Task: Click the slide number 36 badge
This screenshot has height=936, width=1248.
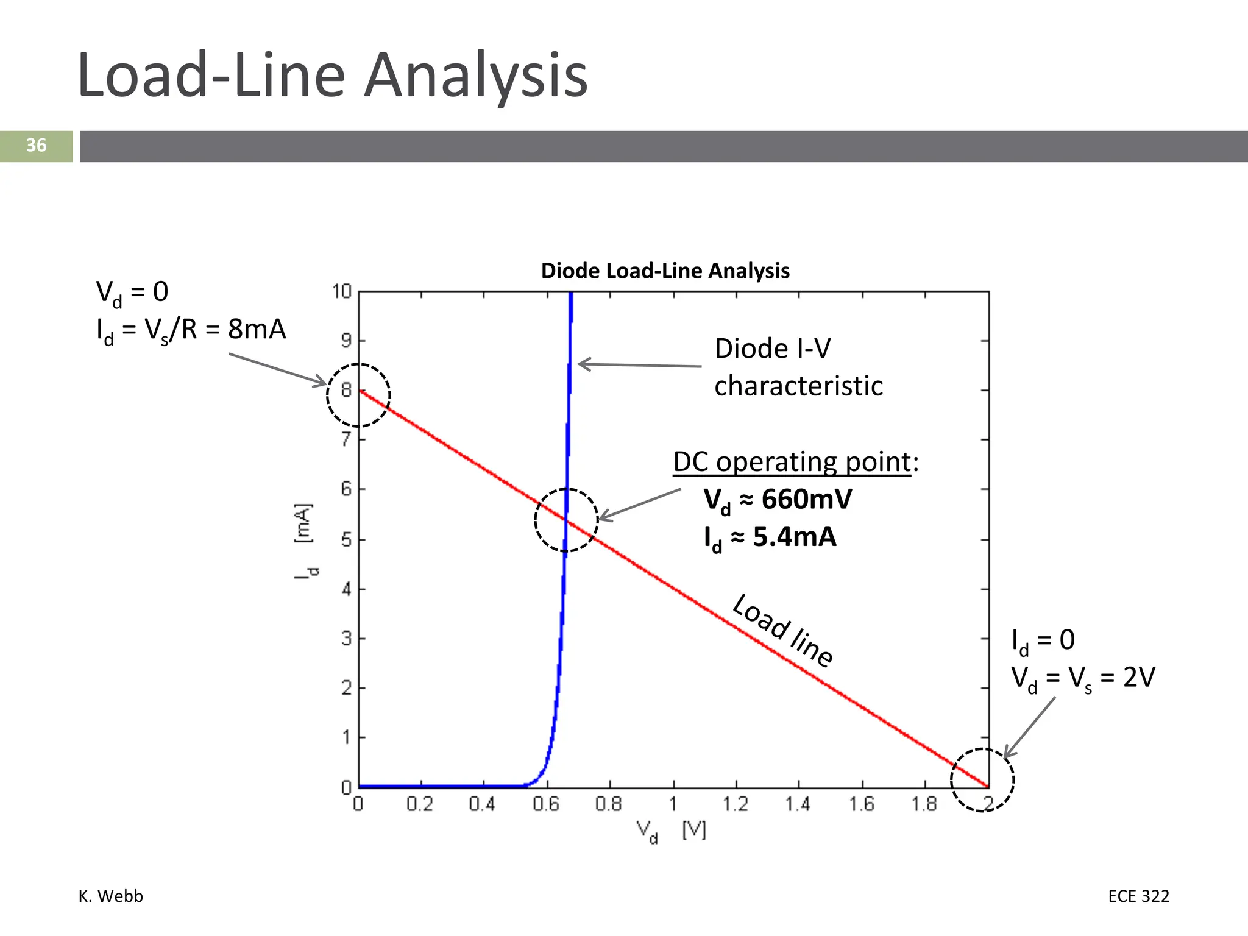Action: (36, 146)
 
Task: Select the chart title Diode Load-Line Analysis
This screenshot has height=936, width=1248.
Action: (665, 271)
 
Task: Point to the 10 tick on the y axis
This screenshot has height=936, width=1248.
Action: (342, 292)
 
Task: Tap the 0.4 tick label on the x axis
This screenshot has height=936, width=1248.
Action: (482, 804)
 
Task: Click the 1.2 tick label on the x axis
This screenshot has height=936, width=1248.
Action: (736, 804)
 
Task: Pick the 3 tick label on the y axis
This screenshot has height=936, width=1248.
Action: (346, 639)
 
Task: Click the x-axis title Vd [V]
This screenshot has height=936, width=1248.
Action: (670, 831)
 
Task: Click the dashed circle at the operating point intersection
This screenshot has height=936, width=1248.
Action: (566, 520)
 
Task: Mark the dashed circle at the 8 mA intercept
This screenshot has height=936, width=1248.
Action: (358, 395)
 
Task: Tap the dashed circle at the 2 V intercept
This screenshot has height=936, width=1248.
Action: (982, 780)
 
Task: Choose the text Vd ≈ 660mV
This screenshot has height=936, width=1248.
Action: (778, 500)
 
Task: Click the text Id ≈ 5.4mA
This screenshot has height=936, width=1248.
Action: (770, 538)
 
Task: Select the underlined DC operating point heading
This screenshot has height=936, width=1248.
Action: (792, 462)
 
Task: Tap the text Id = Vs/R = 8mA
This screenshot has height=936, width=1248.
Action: (191, 330)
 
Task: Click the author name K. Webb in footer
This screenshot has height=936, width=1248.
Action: (111, 896)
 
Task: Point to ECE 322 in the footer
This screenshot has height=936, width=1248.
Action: (1138, 896)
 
